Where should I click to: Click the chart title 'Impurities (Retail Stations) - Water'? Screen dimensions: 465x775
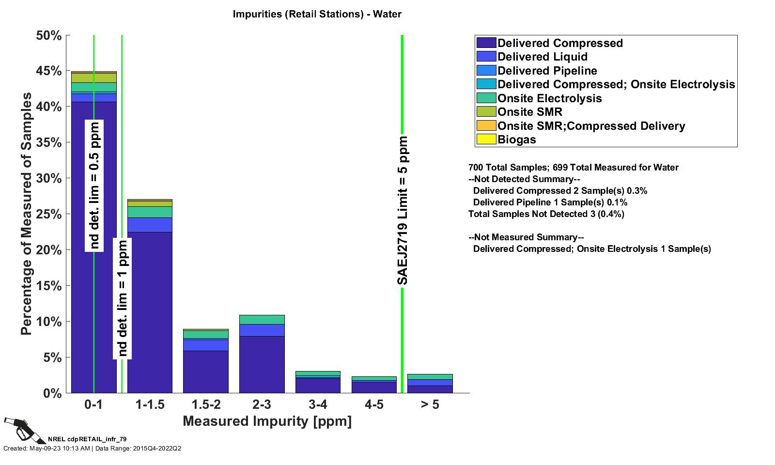[317, 14]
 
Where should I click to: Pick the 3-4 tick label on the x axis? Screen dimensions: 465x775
[318, 404]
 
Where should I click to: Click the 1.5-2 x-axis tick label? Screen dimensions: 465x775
[206, 404]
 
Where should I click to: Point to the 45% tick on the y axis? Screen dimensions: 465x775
[49, 71]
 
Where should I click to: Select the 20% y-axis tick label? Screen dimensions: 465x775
[49, 250]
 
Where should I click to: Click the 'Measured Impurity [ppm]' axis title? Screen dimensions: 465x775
[267, 421]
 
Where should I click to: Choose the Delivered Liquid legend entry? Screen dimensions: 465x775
[542, 57]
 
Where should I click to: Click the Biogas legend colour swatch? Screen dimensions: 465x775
[486, 139]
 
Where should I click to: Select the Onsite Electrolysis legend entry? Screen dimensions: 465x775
[549, 98]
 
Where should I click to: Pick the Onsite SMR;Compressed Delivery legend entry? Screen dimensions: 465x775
[591, 126]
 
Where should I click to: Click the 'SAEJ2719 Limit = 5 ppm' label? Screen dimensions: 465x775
[403, 211]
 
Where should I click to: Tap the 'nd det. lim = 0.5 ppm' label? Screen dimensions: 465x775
[94, 186]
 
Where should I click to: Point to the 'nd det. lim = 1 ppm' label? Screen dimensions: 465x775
[123, 298]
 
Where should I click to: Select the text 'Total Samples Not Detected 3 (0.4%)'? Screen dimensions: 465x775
[546, 214]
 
